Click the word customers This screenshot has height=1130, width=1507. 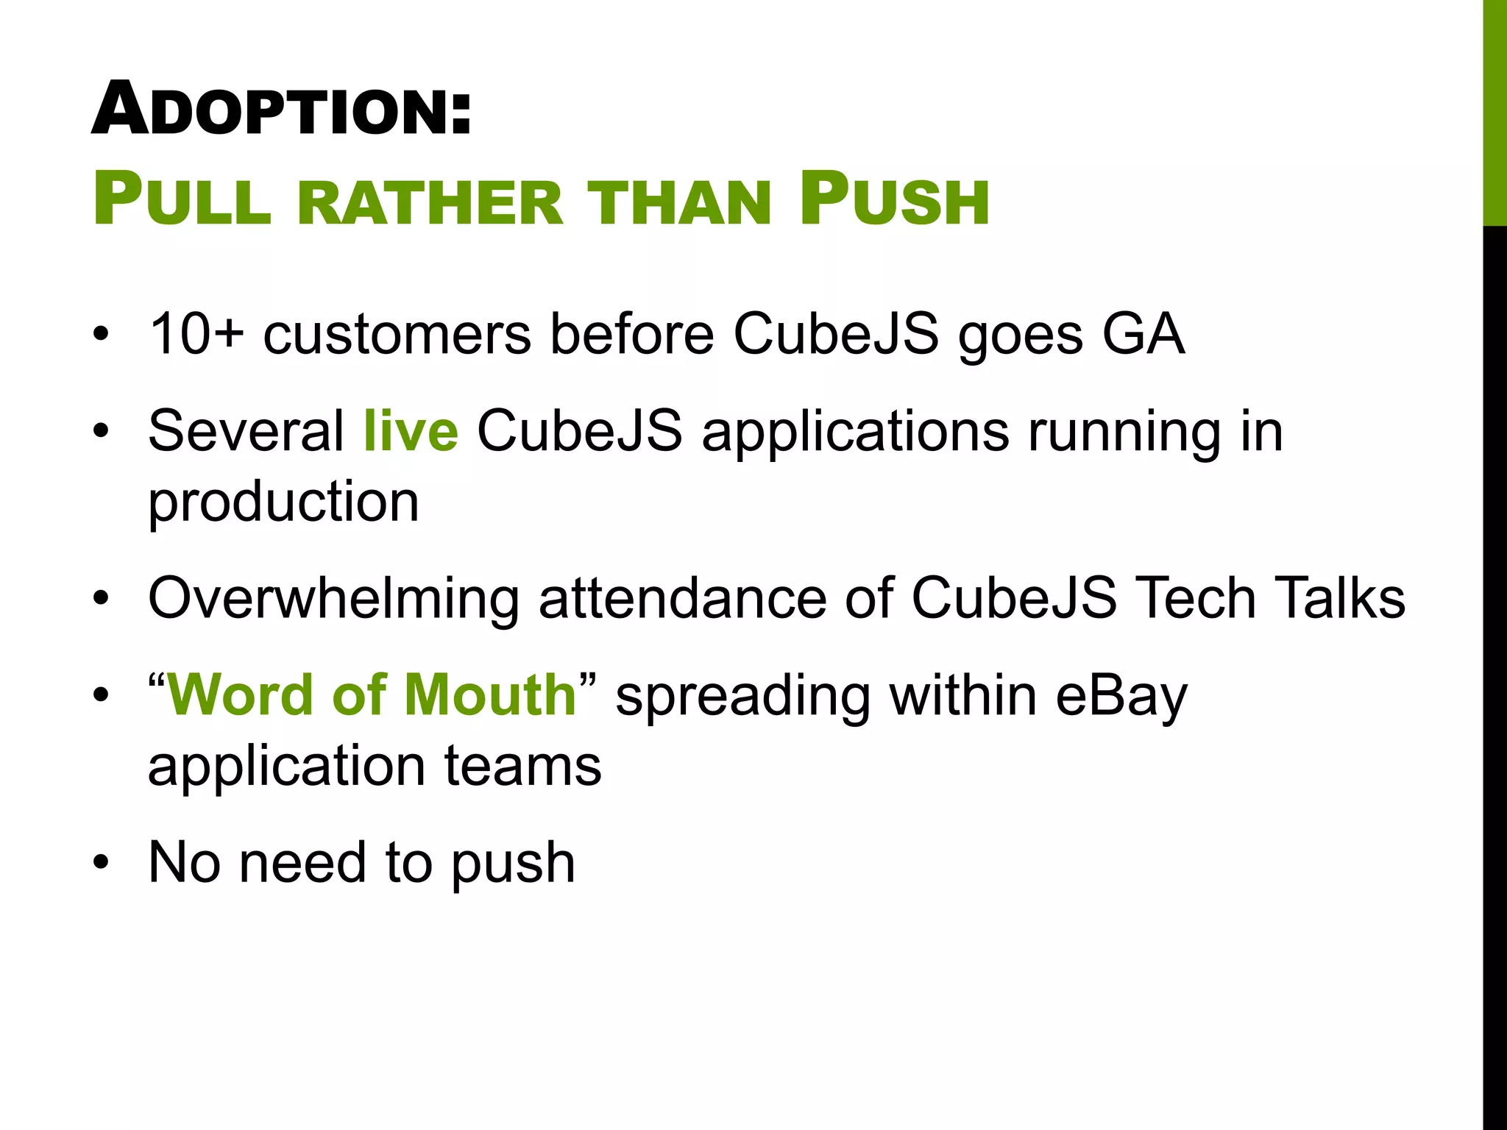click(x=397, y=335)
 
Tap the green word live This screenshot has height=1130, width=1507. click(x=411, y=431)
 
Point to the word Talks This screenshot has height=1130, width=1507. click(x=1339, y=598)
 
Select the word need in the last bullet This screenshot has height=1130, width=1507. click(x=302, y=862)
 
